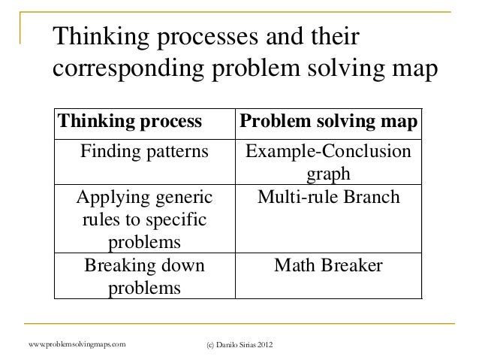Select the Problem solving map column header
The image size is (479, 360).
[329, 122]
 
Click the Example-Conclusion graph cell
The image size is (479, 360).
[329, 162]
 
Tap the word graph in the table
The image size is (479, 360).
[329, 175]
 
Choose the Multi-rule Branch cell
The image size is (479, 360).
[329, 199]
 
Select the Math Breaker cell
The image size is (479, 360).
[329, 266]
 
